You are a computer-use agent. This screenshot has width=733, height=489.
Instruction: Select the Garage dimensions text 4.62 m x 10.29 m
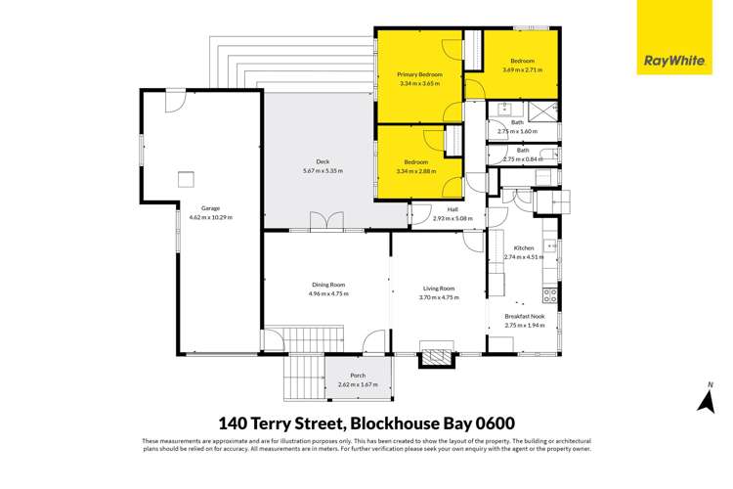pos(210,217)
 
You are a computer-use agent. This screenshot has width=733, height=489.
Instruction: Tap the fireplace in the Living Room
pos(433,357)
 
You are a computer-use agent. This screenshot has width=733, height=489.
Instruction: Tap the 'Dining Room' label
pos(327,285)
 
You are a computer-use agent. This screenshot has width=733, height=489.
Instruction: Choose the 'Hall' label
pos(453,209)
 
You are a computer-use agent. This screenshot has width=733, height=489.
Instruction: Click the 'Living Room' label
pos(439,289)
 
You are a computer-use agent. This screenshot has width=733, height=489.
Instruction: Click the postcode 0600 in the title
pos(492,422)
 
